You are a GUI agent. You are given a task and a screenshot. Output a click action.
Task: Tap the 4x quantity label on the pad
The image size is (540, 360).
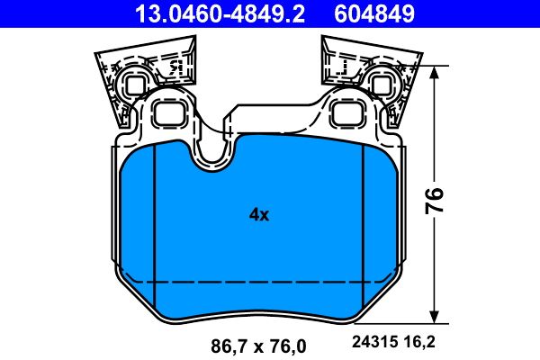pos(259,214)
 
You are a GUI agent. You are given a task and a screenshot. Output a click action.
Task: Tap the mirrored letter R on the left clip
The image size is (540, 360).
pos(176,66)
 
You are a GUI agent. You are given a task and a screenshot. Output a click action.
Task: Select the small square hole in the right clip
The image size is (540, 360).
pos(382,85)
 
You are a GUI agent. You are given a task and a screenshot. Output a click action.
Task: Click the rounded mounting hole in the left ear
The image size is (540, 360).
pos(169,113)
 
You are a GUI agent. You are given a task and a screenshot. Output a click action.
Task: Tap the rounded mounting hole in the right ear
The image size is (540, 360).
pos(345,113)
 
